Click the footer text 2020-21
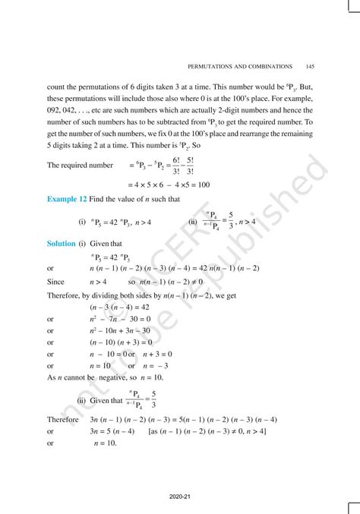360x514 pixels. point(180,496)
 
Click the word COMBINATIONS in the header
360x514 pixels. point(273,64)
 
